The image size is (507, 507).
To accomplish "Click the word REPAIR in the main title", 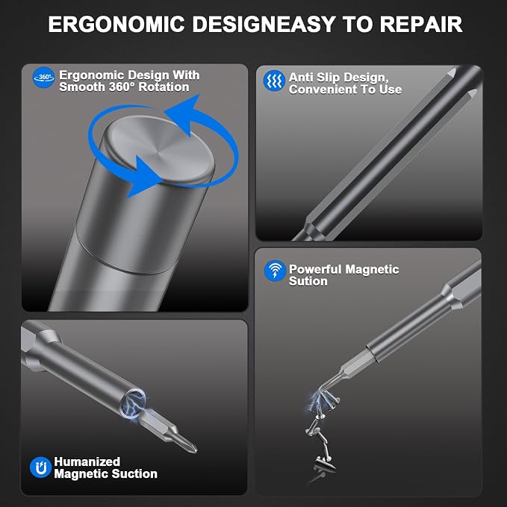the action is tap(420, 24).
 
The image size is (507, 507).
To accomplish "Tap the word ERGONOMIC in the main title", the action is tap(116, 24).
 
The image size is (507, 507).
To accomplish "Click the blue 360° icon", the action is tap(43, 77).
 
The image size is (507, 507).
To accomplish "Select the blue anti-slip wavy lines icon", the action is tap(274, 81).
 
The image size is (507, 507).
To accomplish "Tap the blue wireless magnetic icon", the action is tap(275, 270).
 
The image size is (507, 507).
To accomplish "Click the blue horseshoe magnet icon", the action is tap(41, 467).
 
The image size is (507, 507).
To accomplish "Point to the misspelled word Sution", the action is tap(308, 281).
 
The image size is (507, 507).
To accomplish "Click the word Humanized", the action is tap(87, 461).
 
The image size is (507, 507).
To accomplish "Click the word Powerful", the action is tap(315, 269).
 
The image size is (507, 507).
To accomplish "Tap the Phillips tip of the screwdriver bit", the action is tap(190, 447).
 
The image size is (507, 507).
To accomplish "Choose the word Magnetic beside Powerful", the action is tap(372, 269).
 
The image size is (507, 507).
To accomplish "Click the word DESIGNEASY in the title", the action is tap(264, 24).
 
